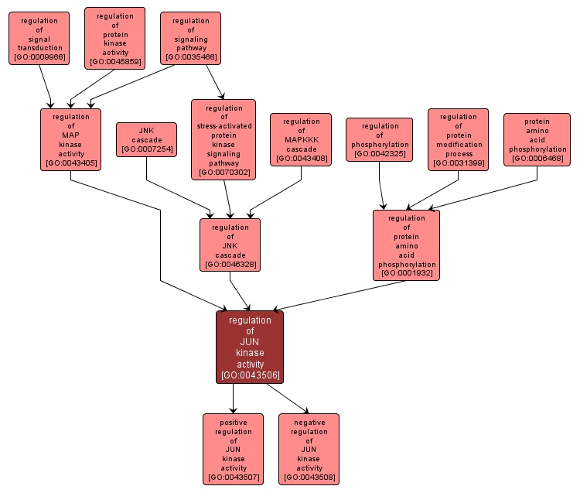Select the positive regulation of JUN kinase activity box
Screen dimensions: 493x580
(x=233, y=449)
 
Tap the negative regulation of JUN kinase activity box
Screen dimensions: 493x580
(x=309, y=449)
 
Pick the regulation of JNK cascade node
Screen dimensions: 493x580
(x=230, y=245)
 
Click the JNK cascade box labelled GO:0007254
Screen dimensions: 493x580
(x=146, y=139)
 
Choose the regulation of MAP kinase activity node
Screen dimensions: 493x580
(x=71, y=139)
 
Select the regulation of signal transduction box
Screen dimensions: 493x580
(x=39, y=38)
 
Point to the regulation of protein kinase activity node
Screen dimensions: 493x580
(x=115, y=38)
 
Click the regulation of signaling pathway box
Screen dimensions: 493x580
(x=190, y=38)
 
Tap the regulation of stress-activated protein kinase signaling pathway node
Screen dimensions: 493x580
(x=223, y=139)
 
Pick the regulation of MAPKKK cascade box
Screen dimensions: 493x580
(x=301, y=139)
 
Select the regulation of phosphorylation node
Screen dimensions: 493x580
(x=379, y=139)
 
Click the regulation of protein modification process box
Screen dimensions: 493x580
(x=458, y=139)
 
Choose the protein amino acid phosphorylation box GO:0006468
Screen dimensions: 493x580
(x=537, y=139)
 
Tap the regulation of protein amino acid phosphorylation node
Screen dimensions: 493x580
(x=406, y=245)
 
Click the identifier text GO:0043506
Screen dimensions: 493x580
(x=250, y=375)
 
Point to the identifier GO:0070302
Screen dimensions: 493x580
(x=223, y=173)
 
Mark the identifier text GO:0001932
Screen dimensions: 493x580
(x=406, y=273)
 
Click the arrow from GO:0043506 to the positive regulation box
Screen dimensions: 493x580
(x=233, y=398)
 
